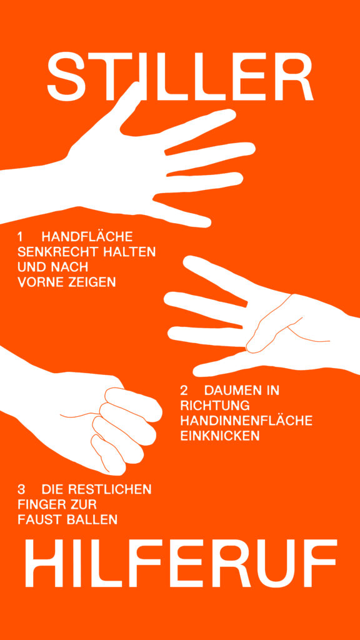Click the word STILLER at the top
coord(180,76)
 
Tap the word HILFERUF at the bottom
coord(181,563)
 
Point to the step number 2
coord(184,391)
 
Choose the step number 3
coord(21,489)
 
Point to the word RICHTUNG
coord(215,406)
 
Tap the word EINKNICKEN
coord(220,436)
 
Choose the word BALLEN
coord(92,519)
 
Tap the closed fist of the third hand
coord(118,429)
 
